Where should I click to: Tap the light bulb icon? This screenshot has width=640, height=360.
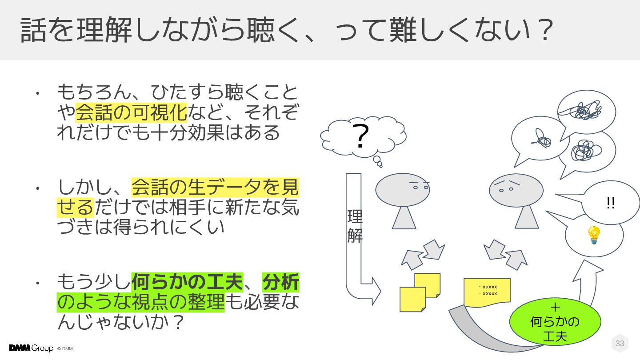[x=594, y=235]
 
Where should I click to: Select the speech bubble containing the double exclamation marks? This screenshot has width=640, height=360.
[x=611, y=203]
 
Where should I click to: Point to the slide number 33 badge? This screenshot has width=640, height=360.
[x=620, y=343]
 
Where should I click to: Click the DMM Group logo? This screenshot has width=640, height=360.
[x=31, y=348]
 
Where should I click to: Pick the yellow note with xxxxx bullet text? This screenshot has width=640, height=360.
[x=488, y=291]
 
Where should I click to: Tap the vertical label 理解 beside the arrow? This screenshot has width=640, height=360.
[x=355, y=226]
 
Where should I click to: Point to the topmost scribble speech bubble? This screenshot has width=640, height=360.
[x=586, y=111]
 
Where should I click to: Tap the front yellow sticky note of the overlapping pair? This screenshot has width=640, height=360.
[x=412, y=299]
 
